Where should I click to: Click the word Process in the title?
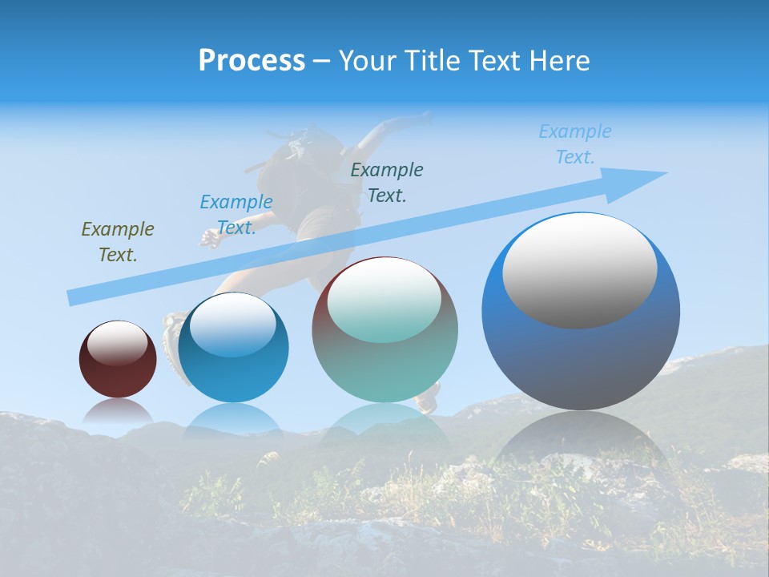252,61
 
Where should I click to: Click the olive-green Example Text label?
118,242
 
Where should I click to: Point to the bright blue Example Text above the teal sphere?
236,215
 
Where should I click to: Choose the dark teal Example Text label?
387,182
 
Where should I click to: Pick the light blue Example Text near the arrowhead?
575,144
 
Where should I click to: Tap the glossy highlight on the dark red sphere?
118,343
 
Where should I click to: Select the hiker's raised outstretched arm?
393,128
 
